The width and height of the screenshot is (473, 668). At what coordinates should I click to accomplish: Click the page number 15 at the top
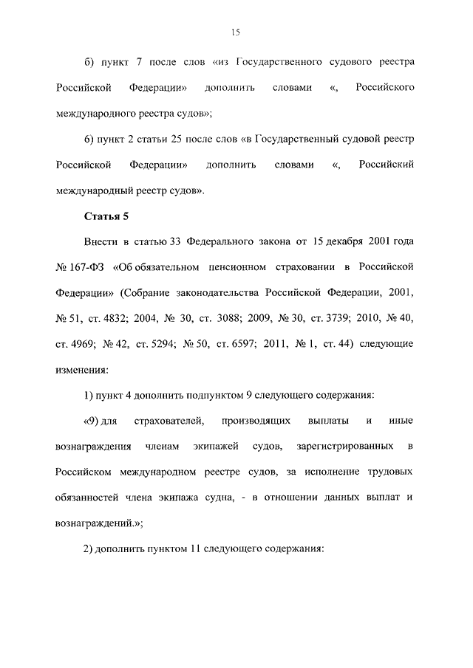pyautogui.click(x=236, y=32)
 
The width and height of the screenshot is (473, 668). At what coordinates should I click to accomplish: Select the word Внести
pyautogui.click(x=101, y=241)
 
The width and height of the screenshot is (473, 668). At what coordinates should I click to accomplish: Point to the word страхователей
pyautogui.click(x=167, y=421)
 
